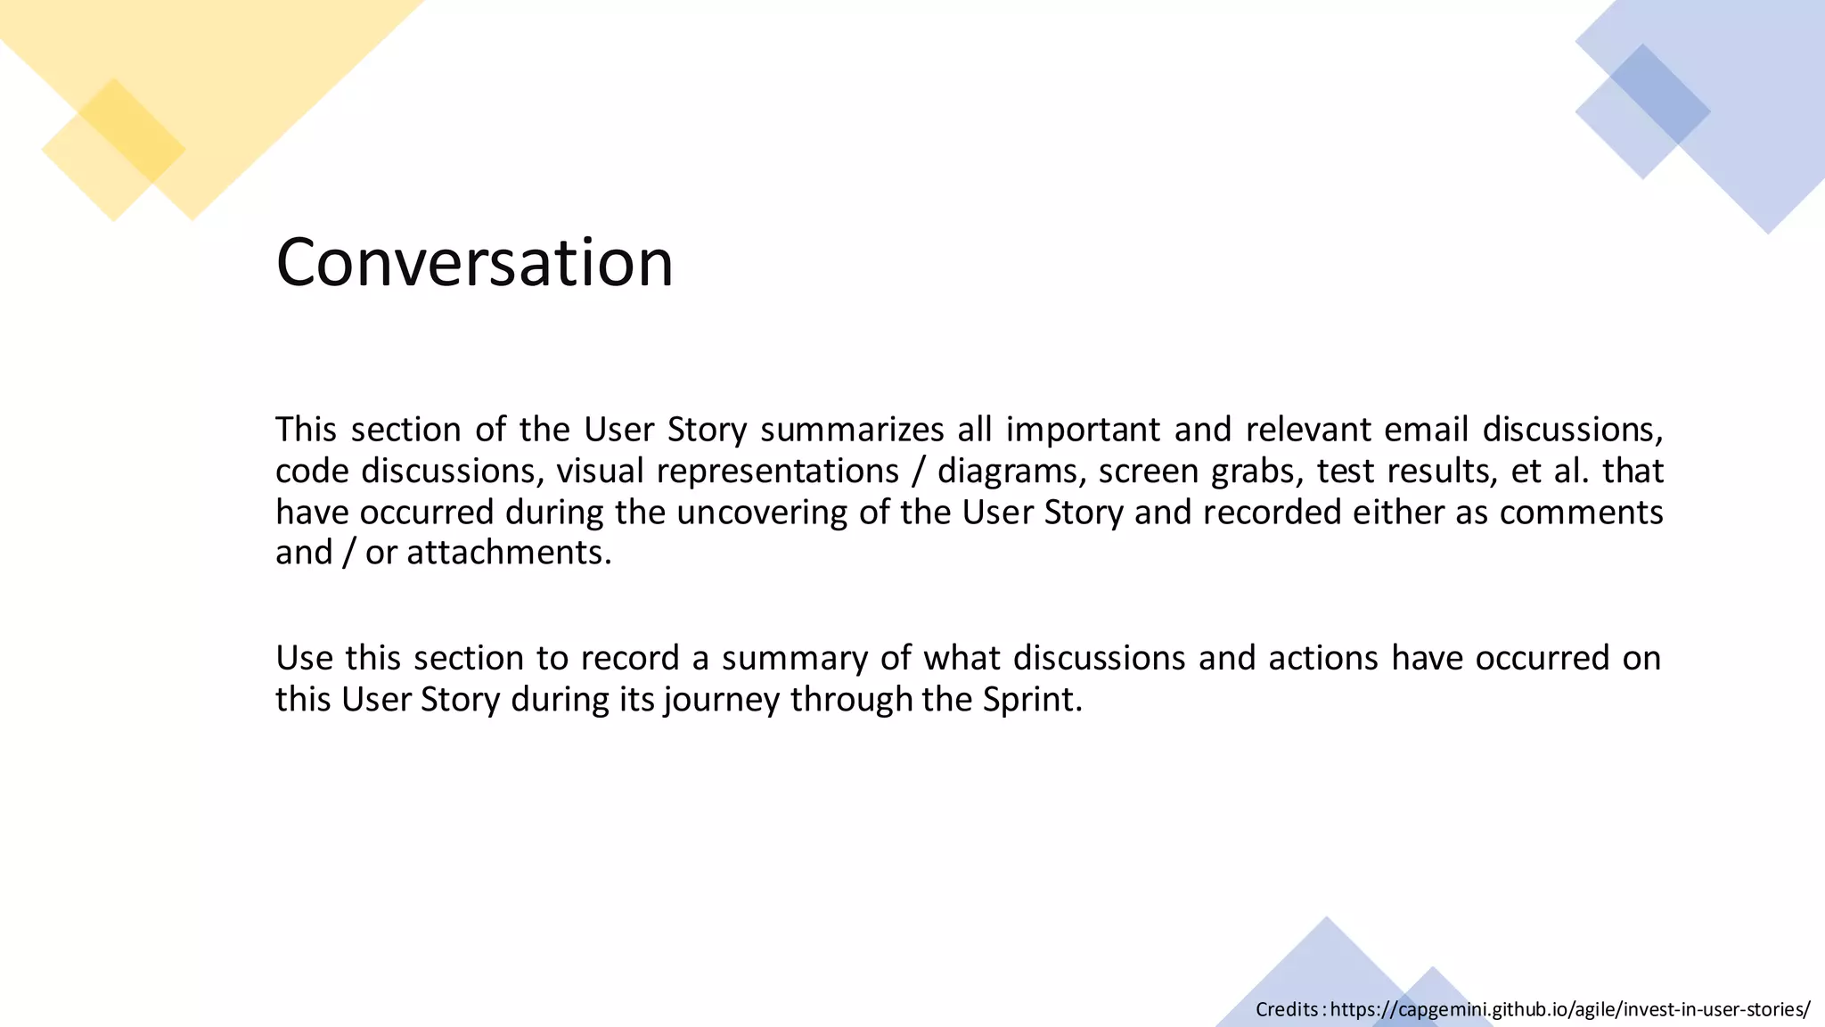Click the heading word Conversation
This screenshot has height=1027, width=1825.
pyautogui.click(x=474, y=262)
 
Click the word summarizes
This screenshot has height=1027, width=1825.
pyautogui.click(x=852, y=430)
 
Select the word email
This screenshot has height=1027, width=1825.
pyautogui.click(x=1426, y=430)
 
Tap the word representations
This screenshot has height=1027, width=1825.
pyautogui.click(x=778, y=471)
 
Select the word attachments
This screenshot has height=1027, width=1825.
pyautogui.click(x=509, y=553)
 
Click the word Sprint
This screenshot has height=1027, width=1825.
pyautogui.click(x=1032, y=699)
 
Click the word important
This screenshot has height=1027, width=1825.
pyautogui.click(x=1083, y=430)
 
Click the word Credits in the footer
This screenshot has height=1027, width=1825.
pyautogui.click(x=1287, y=1009)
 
